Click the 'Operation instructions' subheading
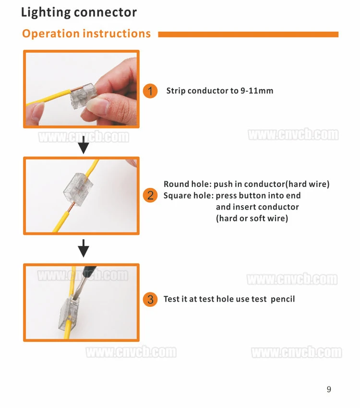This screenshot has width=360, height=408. click(86, 34)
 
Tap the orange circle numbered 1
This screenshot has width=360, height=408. click(150, 91)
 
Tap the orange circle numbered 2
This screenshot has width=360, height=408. click(150, 196)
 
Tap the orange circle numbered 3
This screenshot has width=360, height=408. click(150, 300)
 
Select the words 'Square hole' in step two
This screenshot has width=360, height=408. click(188, 196)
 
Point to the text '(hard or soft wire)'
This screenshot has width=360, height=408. click(252, 219)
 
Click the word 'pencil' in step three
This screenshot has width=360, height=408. click(283, 299)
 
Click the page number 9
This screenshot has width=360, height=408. click(329, 389)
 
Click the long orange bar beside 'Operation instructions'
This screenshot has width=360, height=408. click(248, 35)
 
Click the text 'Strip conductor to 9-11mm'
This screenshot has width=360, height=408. click(220, 91)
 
